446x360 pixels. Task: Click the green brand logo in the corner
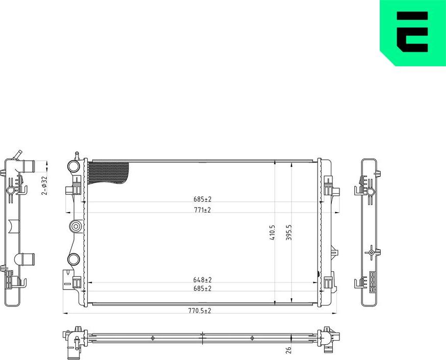[x=413, y=33]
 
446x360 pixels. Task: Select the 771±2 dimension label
[x=202, y=210]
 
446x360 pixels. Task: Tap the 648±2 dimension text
[x=202, y=280]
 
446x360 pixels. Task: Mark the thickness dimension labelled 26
[x=288, y=350]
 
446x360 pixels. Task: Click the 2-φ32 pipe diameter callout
[x=44, y=186]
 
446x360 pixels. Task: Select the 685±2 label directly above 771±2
[x=202, y=199]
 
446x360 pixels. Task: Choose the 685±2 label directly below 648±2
[x=202, y=289]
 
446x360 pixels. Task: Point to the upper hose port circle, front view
[x=73, y=166]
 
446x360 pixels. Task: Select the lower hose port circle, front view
[x=73, y=259]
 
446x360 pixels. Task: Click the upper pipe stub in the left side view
[x=27, y=166]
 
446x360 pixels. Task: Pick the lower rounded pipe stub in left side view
[x=26, y=259]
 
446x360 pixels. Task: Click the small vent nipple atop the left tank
[x=76, y=154]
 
